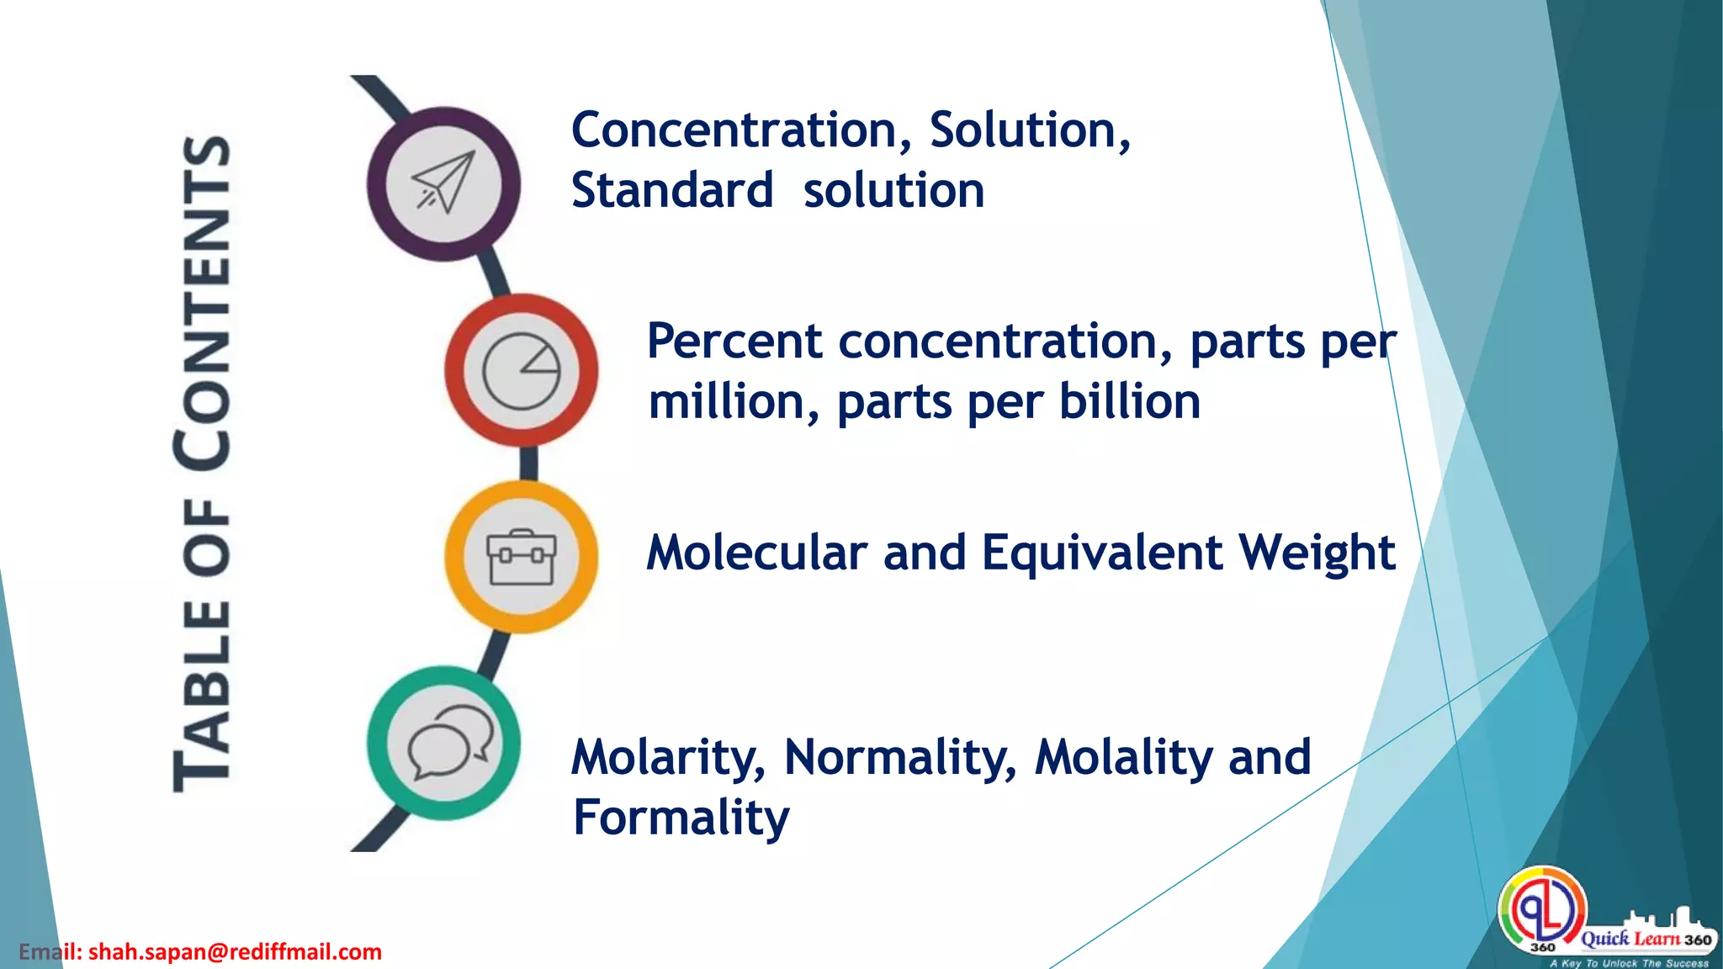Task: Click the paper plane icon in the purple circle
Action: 443,183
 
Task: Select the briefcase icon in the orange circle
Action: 522,557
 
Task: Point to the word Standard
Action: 671,191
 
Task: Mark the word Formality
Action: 681,818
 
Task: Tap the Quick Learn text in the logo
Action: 1630,939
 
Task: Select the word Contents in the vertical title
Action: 204,303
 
